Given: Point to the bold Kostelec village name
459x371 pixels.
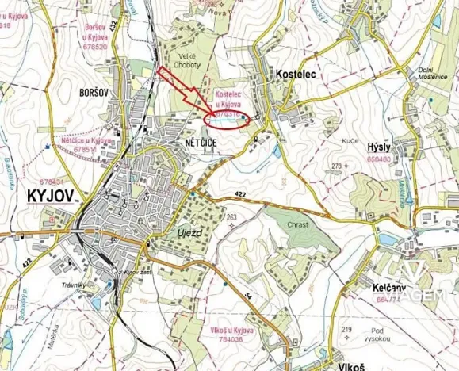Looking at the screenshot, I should pos(296,73).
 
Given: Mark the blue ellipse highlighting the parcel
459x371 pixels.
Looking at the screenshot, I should pos(228,119).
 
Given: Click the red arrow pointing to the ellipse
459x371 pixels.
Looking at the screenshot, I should pos(183,90).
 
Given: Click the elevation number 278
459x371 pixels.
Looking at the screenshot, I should pos(336,166).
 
